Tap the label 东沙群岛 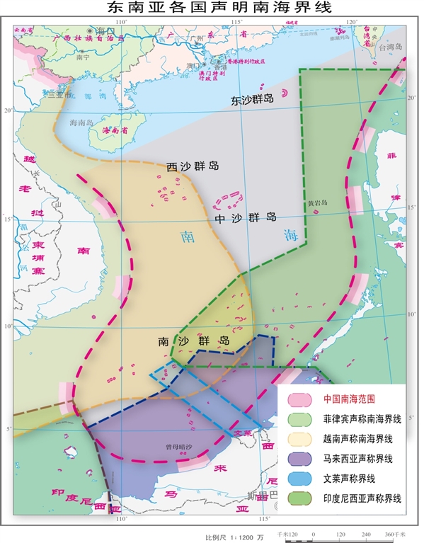252,101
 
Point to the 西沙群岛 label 193,166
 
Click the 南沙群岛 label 195,341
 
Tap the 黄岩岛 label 318,202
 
